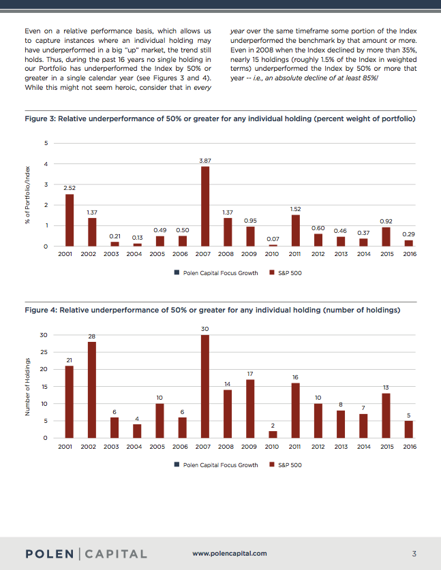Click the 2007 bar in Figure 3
pos(205,206)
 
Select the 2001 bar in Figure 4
pos(69,402)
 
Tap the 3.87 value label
pos(204,160)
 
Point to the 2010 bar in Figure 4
pos(273,434)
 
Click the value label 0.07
pos(273,238)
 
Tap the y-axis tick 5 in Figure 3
pos(46,143)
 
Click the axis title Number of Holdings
pos(27,387)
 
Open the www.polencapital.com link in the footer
pos(230,554)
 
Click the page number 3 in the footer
pos(414,553)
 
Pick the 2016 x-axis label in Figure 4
pos(410,447)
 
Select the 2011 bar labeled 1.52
pos(295,230)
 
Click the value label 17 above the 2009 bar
pos(250,373)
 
